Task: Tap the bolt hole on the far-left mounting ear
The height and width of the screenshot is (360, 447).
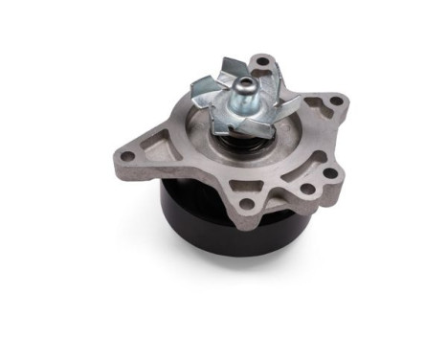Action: point(128,153)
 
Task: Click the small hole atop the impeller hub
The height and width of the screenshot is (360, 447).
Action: point(243,84)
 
